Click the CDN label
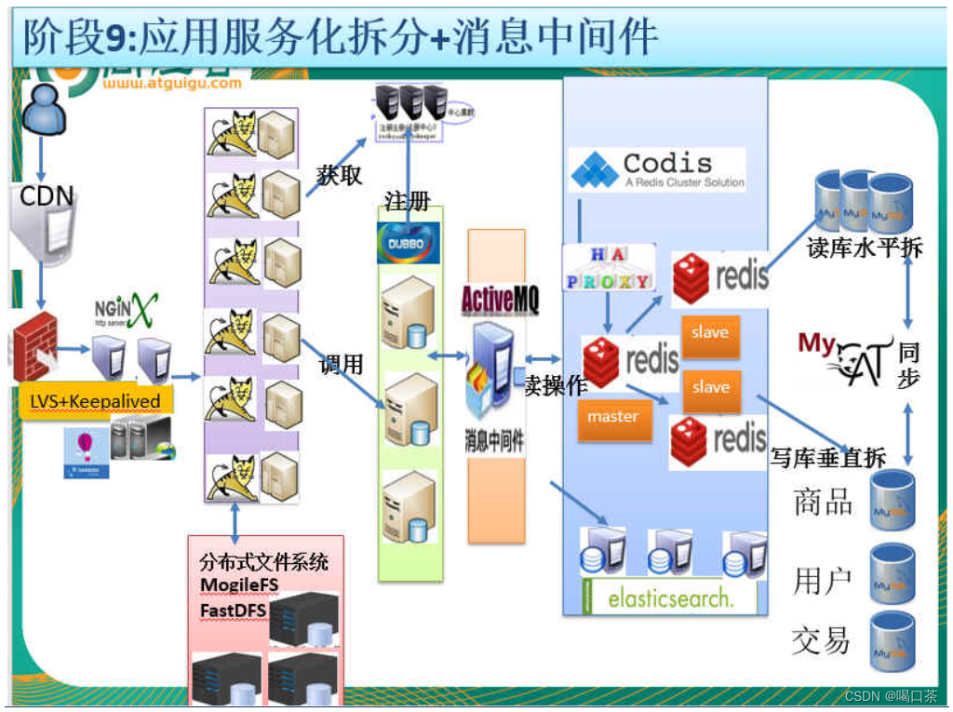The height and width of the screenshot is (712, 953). coord(47,196)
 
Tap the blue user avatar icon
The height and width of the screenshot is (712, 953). coord(42,110)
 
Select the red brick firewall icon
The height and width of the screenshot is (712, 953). coord(35,345)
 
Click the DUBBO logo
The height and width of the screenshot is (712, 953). coord(408,242)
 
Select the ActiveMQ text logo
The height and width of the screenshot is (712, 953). coord(500,300)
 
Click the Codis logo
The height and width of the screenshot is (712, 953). coord(657,170)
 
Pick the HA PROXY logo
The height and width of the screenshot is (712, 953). coord(609,267)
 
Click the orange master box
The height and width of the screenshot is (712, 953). coord(612,416)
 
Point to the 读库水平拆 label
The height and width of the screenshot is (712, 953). coord(865,248)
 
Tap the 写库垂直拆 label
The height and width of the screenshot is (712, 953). coord(828,457)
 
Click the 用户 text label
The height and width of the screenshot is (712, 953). coord(823,581)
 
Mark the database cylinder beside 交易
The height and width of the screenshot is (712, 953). coord(892,641)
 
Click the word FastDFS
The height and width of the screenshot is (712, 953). coord(234,611)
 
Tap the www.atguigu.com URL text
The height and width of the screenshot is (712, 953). coord(172,83)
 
